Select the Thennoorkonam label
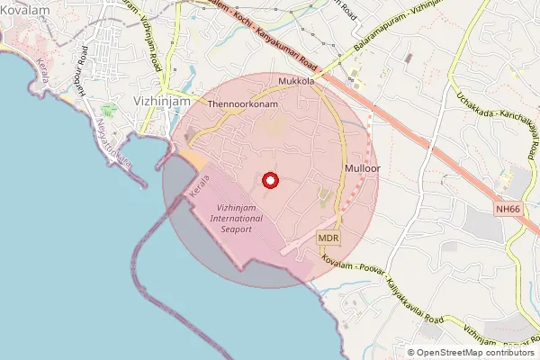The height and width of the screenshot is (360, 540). click(242, 104)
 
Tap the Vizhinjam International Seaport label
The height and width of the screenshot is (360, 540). click(229, 219)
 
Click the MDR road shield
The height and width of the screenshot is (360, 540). click(328, 238)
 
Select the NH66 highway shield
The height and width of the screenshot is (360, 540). click(508, 208)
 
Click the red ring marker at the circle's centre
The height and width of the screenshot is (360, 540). click(269, 181)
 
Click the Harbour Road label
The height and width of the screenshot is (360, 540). click(80, 80)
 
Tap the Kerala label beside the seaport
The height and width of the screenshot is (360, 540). click(199, 187)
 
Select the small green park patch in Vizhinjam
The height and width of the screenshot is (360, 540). click(110, 110)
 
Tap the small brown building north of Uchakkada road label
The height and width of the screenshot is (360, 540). click(408, 58)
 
